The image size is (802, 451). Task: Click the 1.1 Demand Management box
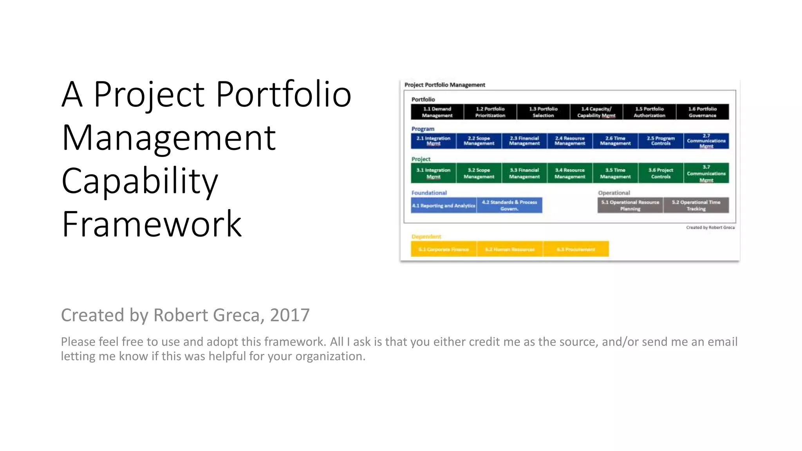pyautogui.click(x=437, y=112)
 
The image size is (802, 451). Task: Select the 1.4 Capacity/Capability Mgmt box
pyautogui.click(x=596, y=112)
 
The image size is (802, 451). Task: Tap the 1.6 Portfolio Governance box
pyautogui.click(x=703, y=112)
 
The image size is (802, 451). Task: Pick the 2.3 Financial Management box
pyautogui.click(x=524, y=141)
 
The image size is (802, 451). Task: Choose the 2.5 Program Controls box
pyautogui.click(x=661, y=141)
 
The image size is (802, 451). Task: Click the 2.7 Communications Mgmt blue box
pyautogui.click(x=706, y=141)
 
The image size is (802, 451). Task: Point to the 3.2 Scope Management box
pyautogui.click(x=479, y=173)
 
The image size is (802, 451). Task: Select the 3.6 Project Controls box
pyautogui.click(x=661, y=173)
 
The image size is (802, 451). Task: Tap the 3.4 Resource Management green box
pyautogui.click(x=570, y=173)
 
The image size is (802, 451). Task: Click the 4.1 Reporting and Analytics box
pyautogui.click(x=444, y=206)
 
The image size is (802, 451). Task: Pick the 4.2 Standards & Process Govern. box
pyautogui.click(x=509, y=206)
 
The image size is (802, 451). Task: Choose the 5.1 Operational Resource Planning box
pyautogui.click(x=630, y=206)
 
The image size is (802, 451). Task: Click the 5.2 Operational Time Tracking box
pyautogui.click(x=696, y=206)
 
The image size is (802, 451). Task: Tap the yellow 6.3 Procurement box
pyautogui.click(x=576, y=249)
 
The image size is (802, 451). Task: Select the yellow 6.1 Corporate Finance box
pyautogui.click(x=444, y=249)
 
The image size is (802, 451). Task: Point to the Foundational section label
pyautogui.click(x=429, y=193)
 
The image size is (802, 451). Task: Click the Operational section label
pyautogui.click(x=614, y=193)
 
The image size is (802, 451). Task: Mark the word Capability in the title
pyautogui.click(x=140, y=181)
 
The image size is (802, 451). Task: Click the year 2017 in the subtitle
pyautogui.click(x=290, y=315)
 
